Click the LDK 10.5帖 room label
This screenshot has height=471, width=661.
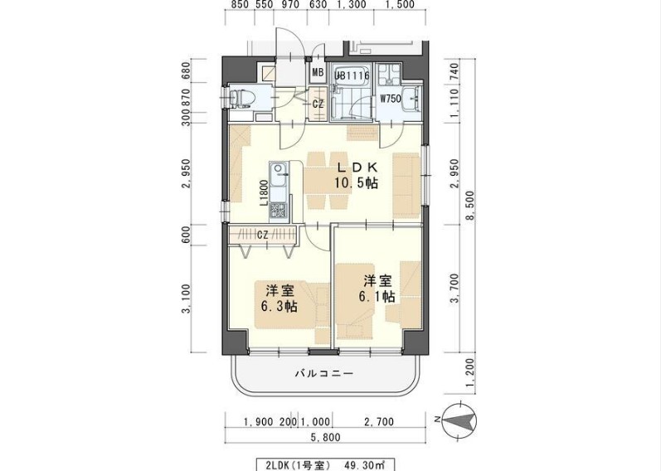coord(356,175)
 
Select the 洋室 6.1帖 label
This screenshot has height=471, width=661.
coord(376,288)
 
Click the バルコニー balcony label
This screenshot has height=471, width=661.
coord(324,374)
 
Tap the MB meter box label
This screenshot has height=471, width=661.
coord(318,72)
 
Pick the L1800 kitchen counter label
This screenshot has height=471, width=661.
coord(263,192)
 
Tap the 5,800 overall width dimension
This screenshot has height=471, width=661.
coord(324,436)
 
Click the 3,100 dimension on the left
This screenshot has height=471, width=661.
coord(188,299)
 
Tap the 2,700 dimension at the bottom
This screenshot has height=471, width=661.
coord(380,422)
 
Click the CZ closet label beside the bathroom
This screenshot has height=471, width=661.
coord(318,104)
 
